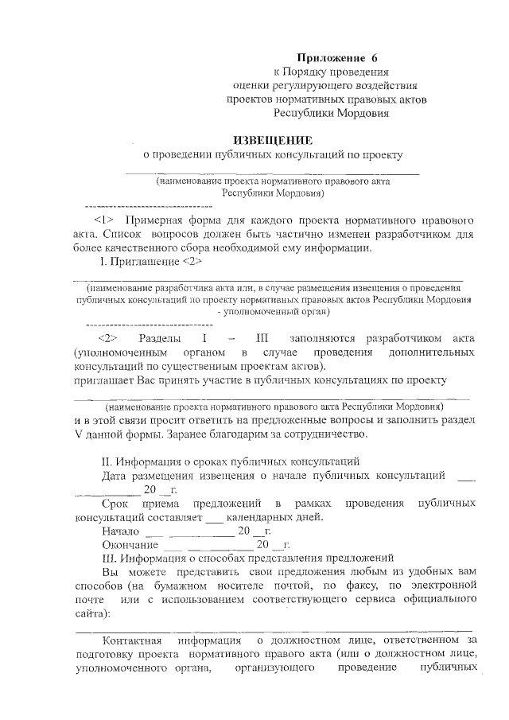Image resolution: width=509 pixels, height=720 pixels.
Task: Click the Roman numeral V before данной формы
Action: click(78, 434)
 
